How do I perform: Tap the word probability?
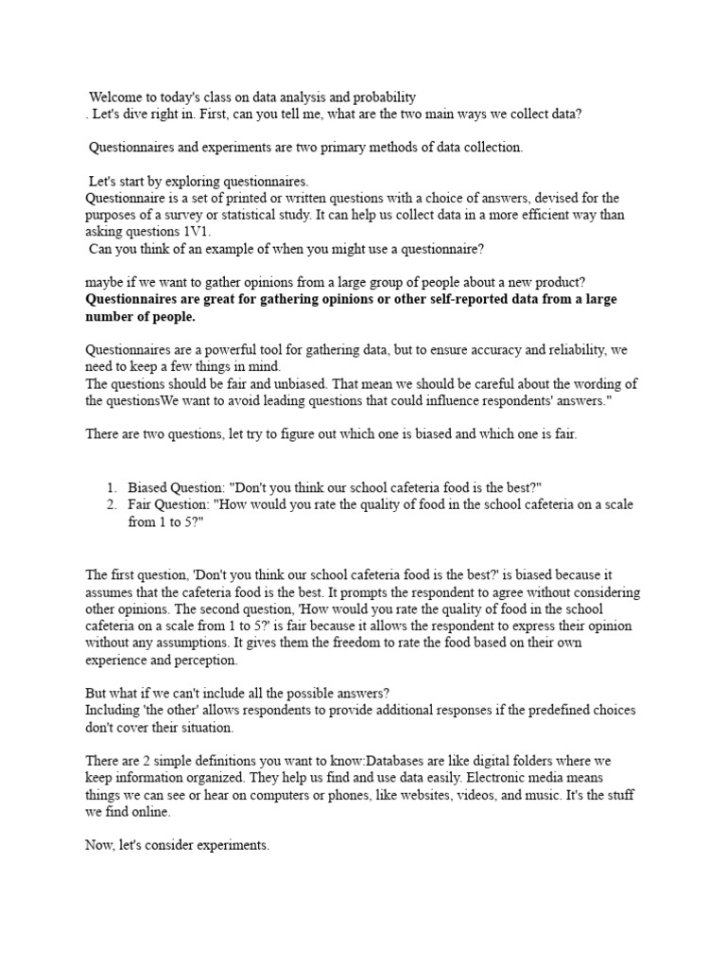click(382, 97)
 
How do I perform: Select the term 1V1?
click(199, 232)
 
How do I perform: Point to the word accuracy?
click(482, 350)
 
